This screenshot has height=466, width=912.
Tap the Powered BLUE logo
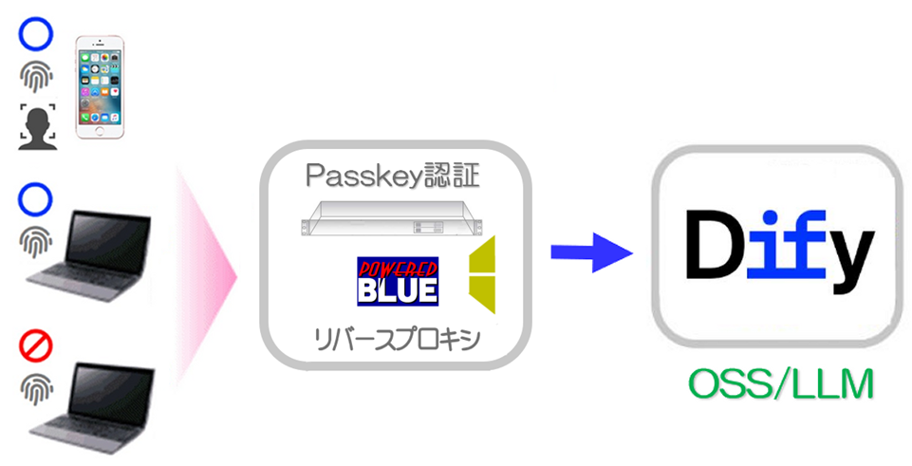point(397,281)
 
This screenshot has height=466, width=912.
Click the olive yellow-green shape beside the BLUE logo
point(483,276)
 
